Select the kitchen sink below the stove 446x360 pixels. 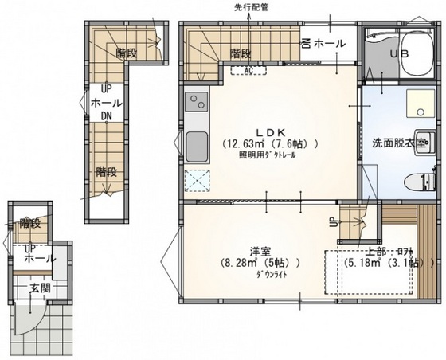tap(197, 146)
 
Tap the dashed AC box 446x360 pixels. tap(248, 70)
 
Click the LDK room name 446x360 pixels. tap(268, 131)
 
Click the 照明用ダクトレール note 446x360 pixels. tap(267, 156)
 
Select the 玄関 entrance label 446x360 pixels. tap(40, 288)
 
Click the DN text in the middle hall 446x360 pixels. tap(105, 115)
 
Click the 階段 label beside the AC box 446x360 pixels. tap(241, 53)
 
